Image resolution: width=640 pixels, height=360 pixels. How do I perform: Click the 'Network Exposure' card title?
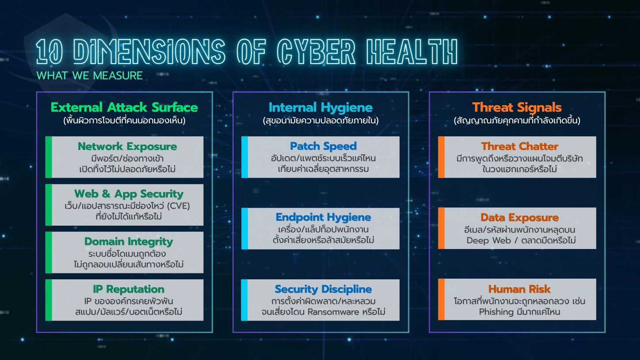127,147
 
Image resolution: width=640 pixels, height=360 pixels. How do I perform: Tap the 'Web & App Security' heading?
129,194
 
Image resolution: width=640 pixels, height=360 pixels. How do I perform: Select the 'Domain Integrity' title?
129,242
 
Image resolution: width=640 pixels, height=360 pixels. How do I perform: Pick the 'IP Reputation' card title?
129,289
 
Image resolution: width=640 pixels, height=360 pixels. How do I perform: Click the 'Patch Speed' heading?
324,146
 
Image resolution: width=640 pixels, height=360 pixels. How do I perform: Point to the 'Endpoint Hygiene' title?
324,217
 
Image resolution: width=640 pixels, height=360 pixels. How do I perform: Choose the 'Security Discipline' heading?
324,289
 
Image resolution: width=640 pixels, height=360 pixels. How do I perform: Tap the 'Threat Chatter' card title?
520,147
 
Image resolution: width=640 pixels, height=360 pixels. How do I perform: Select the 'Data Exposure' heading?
520,217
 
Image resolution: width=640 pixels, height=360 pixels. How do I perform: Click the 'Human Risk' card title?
519,289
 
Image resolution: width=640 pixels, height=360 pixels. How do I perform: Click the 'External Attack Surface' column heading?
124,108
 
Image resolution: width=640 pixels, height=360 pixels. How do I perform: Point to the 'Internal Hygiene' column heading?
320,108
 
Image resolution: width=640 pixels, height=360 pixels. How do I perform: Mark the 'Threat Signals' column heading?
517,108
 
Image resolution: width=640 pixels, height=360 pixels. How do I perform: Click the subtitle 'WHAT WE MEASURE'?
89,76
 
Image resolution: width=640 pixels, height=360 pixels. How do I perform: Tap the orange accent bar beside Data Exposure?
442,228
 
